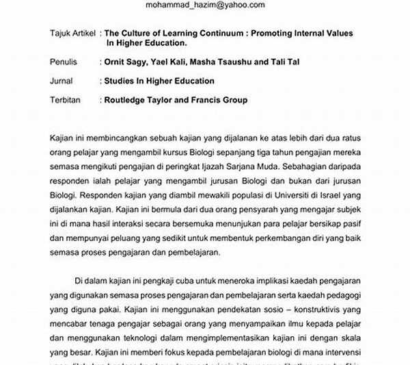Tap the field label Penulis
(x=65, y=62)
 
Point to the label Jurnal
(x=62, y=81)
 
